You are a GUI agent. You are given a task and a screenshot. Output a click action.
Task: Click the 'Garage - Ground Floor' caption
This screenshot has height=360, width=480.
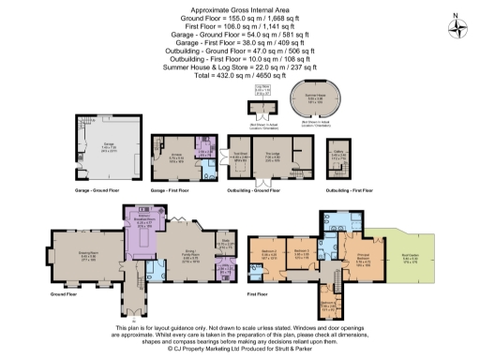click(96, 189)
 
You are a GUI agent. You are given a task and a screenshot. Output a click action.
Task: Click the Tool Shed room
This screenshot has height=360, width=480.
click(239, 157)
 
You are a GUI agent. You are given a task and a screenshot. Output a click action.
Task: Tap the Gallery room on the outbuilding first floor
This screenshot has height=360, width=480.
click(339, 157)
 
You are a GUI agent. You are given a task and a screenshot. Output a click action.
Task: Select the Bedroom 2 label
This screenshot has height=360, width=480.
click(269, 253)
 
